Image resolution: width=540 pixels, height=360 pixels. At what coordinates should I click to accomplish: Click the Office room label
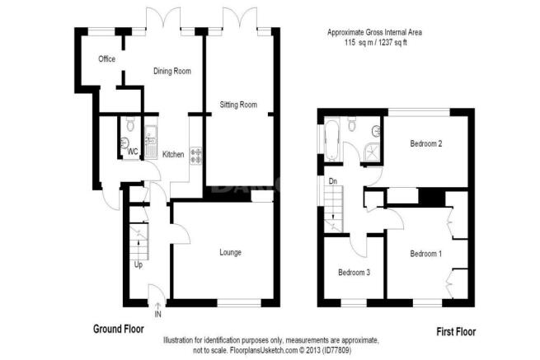coord(106,58)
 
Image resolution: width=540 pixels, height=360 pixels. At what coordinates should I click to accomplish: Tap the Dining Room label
coord(172,71)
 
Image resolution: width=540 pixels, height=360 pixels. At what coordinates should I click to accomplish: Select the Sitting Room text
coord(238,105)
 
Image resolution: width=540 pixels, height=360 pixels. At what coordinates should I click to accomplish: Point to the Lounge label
coord(230,253)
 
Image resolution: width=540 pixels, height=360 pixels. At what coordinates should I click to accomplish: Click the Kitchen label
coord(173,155)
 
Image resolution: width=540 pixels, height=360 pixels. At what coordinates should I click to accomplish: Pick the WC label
coord(133,152)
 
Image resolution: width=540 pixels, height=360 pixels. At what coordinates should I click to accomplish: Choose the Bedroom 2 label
coord(426,143)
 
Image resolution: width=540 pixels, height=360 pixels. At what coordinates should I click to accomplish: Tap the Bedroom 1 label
coord(426,254)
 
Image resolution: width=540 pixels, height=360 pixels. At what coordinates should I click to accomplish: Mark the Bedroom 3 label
coord(354,273)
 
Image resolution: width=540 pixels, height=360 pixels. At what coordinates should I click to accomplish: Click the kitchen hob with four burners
coord(197,156)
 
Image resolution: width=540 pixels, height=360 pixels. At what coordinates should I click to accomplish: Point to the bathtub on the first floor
coord(332,140)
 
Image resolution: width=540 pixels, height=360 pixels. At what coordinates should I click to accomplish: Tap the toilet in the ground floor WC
coord(130,124)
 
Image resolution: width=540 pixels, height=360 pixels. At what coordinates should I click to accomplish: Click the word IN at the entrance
coord(158,314)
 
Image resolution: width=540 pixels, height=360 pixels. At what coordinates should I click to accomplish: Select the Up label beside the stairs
coord(139,265)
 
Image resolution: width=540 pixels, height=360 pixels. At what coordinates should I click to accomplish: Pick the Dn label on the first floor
coord(333,181)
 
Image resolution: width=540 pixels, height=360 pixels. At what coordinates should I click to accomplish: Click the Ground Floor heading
coord(119,329)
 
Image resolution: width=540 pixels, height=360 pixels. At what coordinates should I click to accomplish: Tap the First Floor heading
coord(456,332)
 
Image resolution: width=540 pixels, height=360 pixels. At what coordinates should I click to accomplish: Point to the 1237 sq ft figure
coord(392,43)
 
